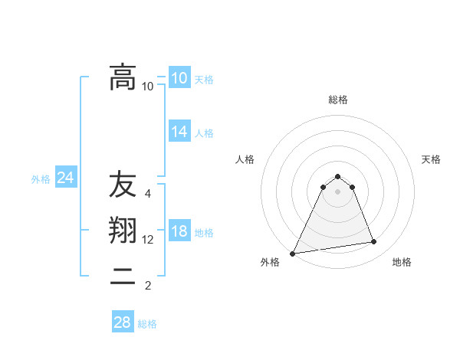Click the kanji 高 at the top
(x=123, y=77)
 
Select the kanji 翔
(x=123, y=231)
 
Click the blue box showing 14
(x=179, y=132)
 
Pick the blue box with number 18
(x=179, y=232)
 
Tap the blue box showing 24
(x=65, y=178)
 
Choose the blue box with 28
(x=123, y=322)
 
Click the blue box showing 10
(x=179, y=78)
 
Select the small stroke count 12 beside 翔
(x=148, y=240)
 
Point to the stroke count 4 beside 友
(x=148, y=194)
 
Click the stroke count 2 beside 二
(x=148, y=286)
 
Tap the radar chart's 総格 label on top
(x=337, y=100)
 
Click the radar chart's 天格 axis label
(x=431, y=159)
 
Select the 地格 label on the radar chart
(x=402, y=262)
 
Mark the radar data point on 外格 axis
(x=293, y=254)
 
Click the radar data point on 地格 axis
(x=374, y=242)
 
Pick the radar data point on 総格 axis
(x=337, y=176)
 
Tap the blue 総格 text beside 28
(x=147, y=324)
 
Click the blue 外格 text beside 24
(x=41, y=179)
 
